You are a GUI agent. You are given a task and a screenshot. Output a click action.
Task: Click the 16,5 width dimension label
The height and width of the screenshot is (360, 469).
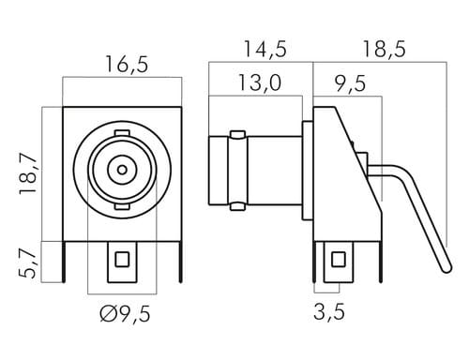click(x=127, y=65)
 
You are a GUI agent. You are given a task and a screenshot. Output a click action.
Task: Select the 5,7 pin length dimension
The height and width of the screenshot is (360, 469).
click(x=28, y=263)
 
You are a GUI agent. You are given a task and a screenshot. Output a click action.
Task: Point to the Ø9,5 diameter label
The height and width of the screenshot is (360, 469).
click(x=125, y=314)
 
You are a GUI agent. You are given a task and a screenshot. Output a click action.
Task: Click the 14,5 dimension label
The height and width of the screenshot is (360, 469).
click(x=265, y=49)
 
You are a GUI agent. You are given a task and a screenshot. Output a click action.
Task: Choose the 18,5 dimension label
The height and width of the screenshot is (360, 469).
click(x=384, y=49)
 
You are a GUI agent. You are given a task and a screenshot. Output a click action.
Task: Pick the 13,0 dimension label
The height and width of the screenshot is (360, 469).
click(x=260, y=82)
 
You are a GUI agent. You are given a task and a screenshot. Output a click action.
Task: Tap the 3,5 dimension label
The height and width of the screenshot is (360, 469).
click(x=329, y=311)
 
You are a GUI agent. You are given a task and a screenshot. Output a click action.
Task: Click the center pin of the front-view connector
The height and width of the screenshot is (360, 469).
click(x=122, y=170)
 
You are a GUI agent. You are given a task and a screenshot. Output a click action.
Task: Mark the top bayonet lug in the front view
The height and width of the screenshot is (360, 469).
click(x=122, y=133)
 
